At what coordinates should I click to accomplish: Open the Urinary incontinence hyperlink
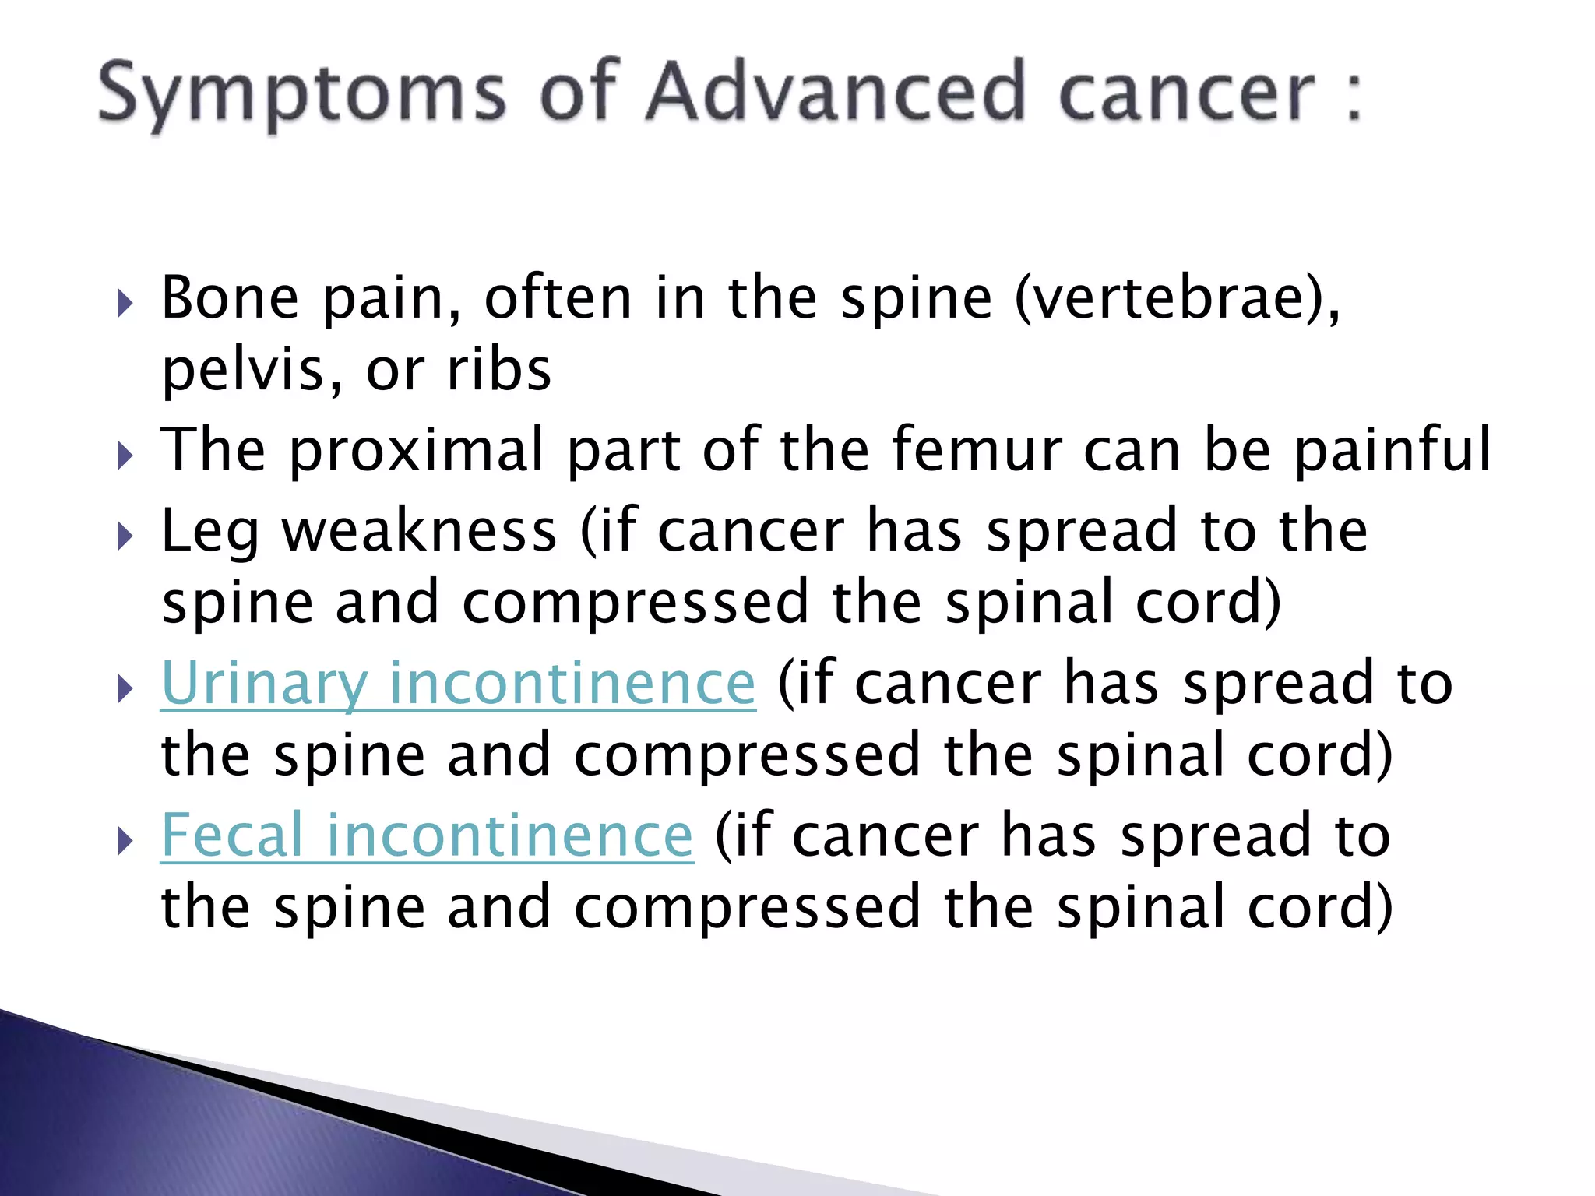pyautogui.click(x=458, y=683)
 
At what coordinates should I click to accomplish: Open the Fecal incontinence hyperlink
pyautogui.click(x=427, y=835)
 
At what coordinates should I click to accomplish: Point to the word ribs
pyautogui.click(x=499, y=370)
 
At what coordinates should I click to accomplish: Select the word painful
pyautogui.click(x=1393, y=450)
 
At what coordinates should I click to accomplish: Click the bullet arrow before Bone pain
pyautogui.click(x=125, y=304)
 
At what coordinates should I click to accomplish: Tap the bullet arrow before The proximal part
pyautogui.click(x=125, y=456)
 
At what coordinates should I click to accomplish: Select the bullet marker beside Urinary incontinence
pyautogui.click(x=125, y=688)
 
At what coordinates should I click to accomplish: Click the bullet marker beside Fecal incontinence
pyautogui.click(x=125, y=841)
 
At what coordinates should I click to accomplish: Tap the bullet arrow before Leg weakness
pyautogui.click(x=125, y=536)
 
